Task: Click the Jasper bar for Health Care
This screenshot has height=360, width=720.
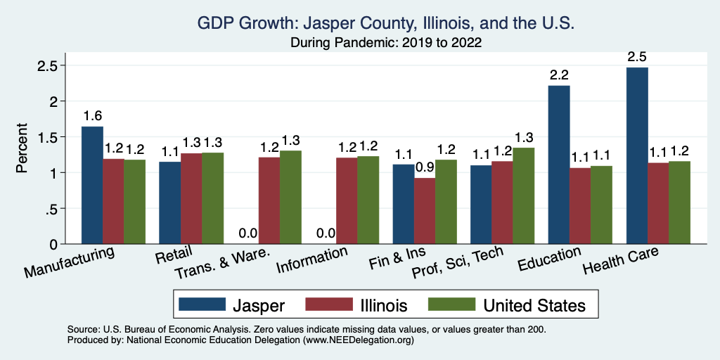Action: (636, 156)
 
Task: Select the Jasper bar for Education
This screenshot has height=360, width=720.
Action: (559, 165)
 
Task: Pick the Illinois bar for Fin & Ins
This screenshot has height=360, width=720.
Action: (425, 211)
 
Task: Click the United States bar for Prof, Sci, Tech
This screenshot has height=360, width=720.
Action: (524, 196)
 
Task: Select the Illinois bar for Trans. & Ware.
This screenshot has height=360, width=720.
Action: (269, 200)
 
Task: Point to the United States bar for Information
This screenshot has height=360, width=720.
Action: (368, 200)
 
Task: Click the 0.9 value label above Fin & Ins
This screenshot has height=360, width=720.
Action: (425, 167)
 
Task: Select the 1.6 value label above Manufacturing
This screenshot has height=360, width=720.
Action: (92, 115)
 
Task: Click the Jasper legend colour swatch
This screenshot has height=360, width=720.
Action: (202, 304)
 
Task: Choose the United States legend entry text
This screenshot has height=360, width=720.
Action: (534, 305)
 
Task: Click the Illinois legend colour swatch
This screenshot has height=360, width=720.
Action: (328, 304)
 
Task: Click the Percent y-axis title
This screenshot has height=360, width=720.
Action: (22, 148)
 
